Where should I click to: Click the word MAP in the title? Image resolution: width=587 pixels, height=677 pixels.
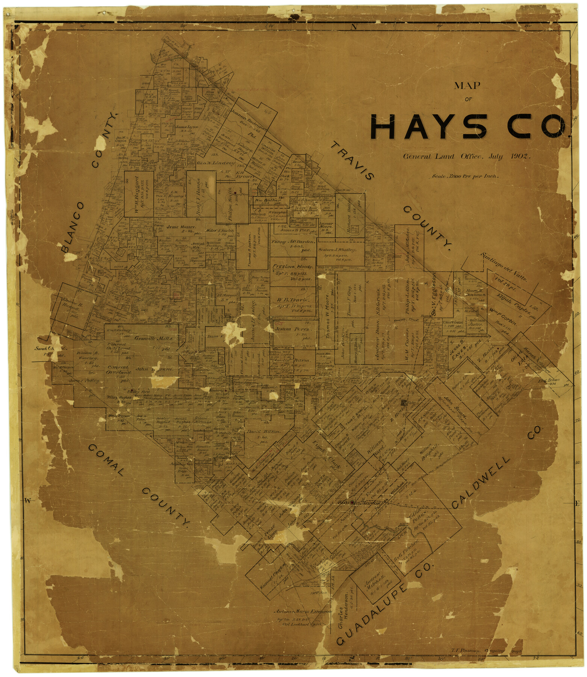point(467,86)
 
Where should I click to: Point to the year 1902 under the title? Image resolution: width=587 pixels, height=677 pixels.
point(520,156)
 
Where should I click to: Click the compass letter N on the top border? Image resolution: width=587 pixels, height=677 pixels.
point(353,27)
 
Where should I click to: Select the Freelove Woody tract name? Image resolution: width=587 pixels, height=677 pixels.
point(290,266)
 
